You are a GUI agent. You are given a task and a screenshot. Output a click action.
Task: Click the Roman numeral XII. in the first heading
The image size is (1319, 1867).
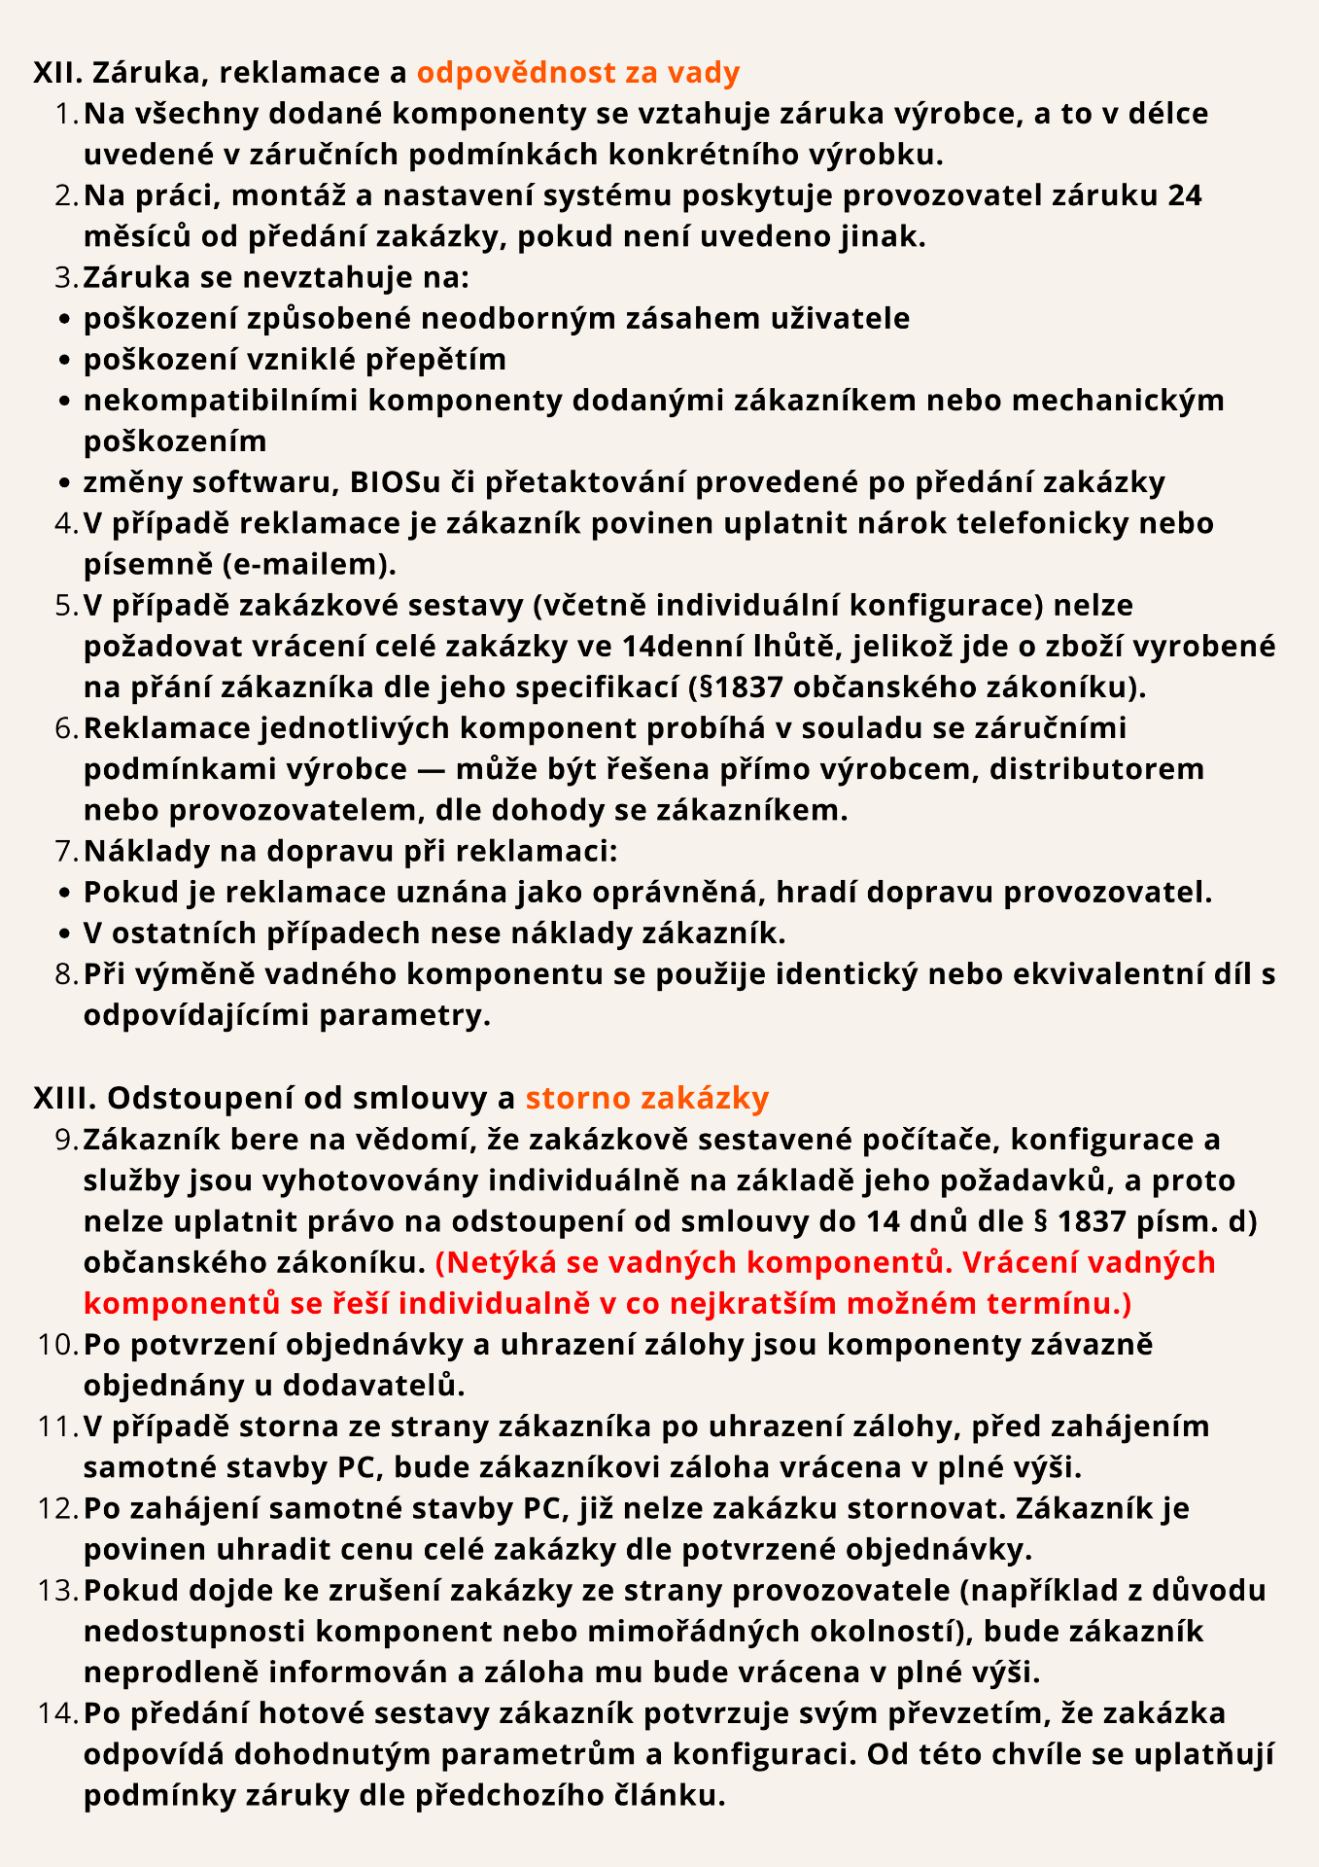(57, 73)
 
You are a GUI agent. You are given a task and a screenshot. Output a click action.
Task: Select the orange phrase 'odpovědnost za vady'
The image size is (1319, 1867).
(578, 73)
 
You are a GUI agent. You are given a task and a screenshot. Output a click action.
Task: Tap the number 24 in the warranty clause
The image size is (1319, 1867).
(1185, 195)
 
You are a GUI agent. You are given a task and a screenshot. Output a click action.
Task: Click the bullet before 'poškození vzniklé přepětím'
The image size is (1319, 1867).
(64, 361)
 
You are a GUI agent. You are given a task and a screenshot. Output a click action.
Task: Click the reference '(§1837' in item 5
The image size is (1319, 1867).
(736, 687)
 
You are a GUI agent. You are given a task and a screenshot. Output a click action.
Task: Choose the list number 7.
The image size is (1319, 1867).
(66, 851)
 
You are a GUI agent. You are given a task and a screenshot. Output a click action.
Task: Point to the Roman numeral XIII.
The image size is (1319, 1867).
(64, 1098)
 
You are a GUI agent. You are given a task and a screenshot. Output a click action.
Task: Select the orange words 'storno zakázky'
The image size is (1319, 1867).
(646, 1098)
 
